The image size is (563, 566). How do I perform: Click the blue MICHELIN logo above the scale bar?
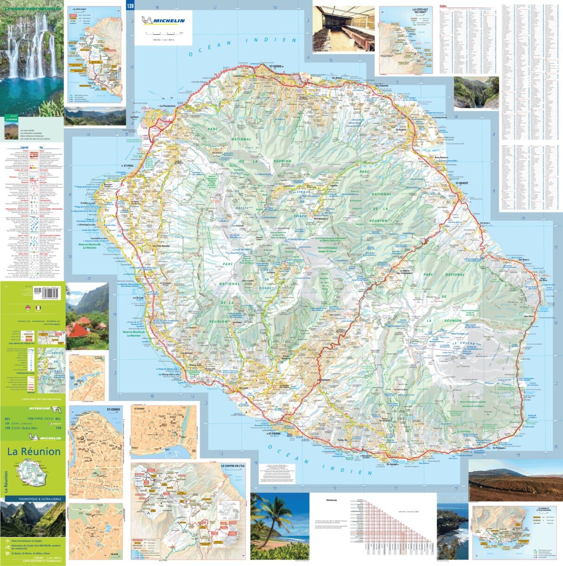[x=163, y=20]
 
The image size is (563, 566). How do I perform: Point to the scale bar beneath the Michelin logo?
[x=163, y=33]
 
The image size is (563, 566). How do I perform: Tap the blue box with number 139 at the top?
[x=130, y=5]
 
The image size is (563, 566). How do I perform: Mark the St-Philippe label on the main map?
[x=499, y=448]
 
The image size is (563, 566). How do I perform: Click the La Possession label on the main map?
[x=167, y=106]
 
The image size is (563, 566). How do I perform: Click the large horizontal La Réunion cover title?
[x=33, y=451]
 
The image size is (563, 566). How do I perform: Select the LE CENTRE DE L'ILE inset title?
[x=232, y=466]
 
